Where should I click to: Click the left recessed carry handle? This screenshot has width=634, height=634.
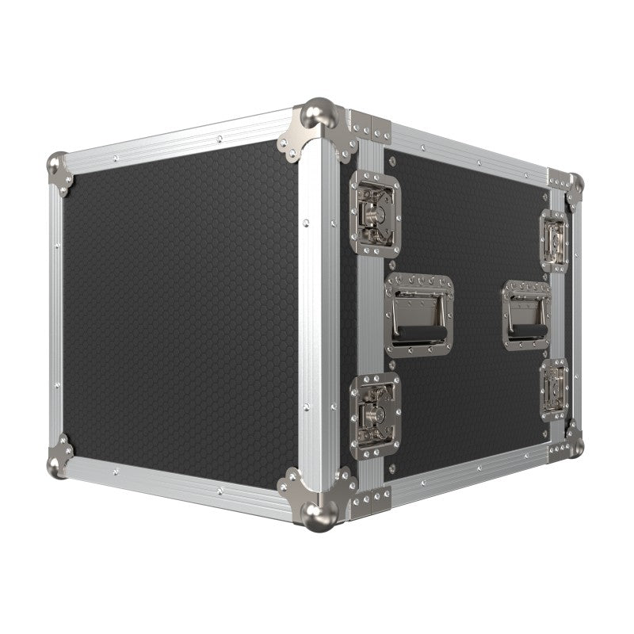(x=417, y=314)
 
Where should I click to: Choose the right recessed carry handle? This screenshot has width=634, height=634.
(x=525, y=315)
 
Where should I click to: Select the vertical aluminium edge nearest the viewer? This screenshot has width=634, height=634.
(x=311, y=317)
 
